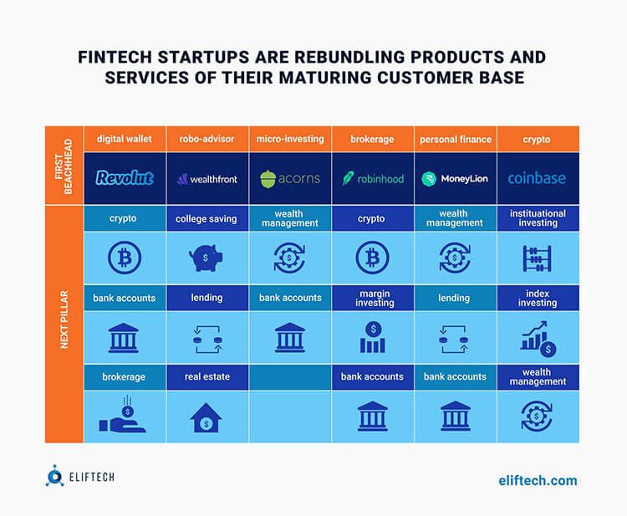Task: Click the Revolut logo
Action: point(125,177)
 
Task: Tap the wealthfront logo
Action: point(207,178)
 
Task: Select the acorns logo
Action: point(289,178)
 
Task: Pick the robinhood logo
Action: point(372,178)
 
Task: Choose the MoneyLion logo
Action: point(455,178)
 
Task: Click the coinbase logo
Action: point(537,178)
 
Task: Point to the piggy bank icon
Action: point(207,257)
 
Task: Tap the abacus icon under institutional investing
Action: point(537,257)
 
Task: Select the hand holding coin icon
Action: point(125,416)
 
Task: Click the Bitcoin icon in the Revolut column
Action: point(125,257)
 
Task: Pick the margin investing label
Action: point(373,298)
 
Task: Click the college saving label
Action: point(206,219)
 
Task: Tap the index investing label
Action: point(538,298)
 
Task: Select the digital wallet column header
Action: point(125,139)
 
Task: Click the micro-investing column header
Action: point(290,139)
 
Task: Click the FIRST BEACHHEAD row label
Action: point(64,166)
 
